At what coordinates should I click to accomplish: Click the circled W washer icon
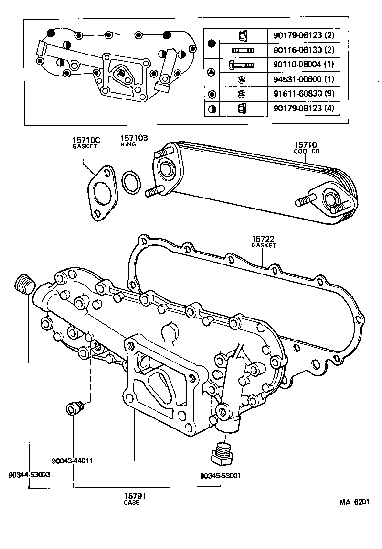click(241, 79)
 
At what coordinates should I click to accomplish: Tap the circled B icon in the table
click(241, 94)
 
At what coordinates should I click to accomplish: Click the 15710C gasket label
click(86, 143)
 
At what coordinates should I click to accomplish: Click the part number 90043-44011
click(72, 461)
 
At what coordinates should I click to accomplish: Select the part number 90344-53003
click(29, 475)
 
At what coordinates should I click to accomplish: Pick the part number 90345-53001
click(221, 476)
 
